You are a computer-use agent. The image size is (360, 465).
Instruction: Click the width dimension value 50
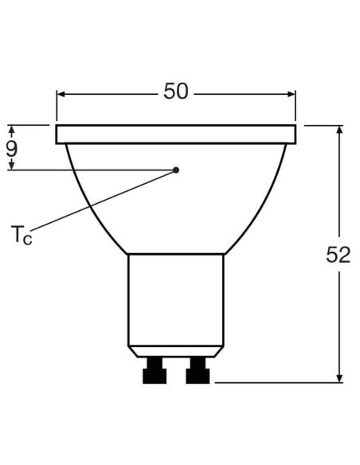point(176,92)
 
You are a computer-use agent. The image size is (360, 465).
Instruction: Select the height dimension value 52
point(338,255)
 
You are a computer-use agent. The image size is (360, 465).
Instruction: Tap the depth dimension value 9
point(12,147)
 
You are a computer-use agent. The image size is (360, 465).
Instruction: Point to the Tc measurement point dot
point(176,170)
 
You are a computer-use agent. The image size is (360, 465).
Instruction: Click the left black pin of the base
point(154,371)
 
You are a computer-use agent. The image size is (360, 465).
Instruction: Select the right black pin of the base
point(197,371)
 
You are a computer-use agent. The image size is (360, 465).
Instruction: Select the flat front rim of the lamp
point(176,135)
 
